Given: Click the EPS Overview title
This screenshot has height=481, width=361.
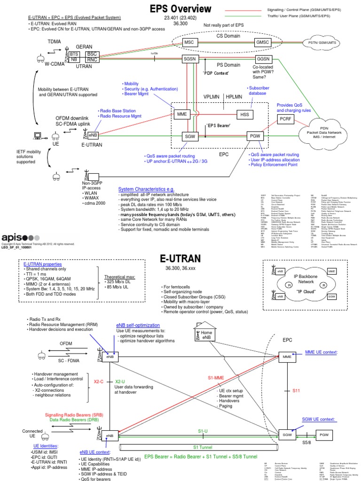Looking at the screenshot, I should click(x=180, y=9).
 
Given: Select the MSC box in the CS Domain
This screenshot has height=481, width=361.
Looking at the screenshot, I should click(x=188, y=42).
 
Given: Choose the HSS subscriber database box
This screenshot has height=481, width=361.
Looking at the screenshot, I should click(x=244, y=114).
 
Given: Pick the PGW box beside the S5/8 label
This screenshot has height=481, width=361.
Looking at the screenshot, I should click(x=324, y=435).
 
